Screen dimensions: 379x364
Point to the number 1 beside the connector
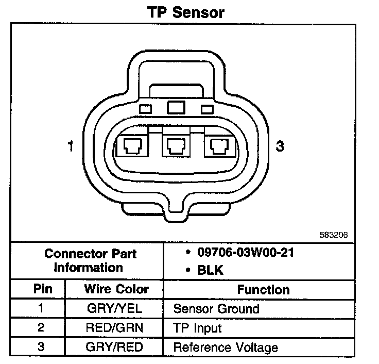[71, 147]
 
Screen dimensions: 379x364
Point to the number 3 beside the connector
[280, 147]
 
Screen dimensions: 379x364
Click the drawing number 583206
[334, 235]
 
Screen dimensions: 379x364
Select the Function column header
[263, 290]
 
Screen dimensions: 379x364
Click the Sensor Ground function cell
[216, 309]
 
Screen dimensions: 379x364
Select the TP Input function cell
[197, 328]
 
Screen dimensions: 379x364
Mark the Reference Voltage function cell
[225, 347]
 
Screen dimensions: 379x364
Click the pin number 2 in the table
[41, 328]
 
